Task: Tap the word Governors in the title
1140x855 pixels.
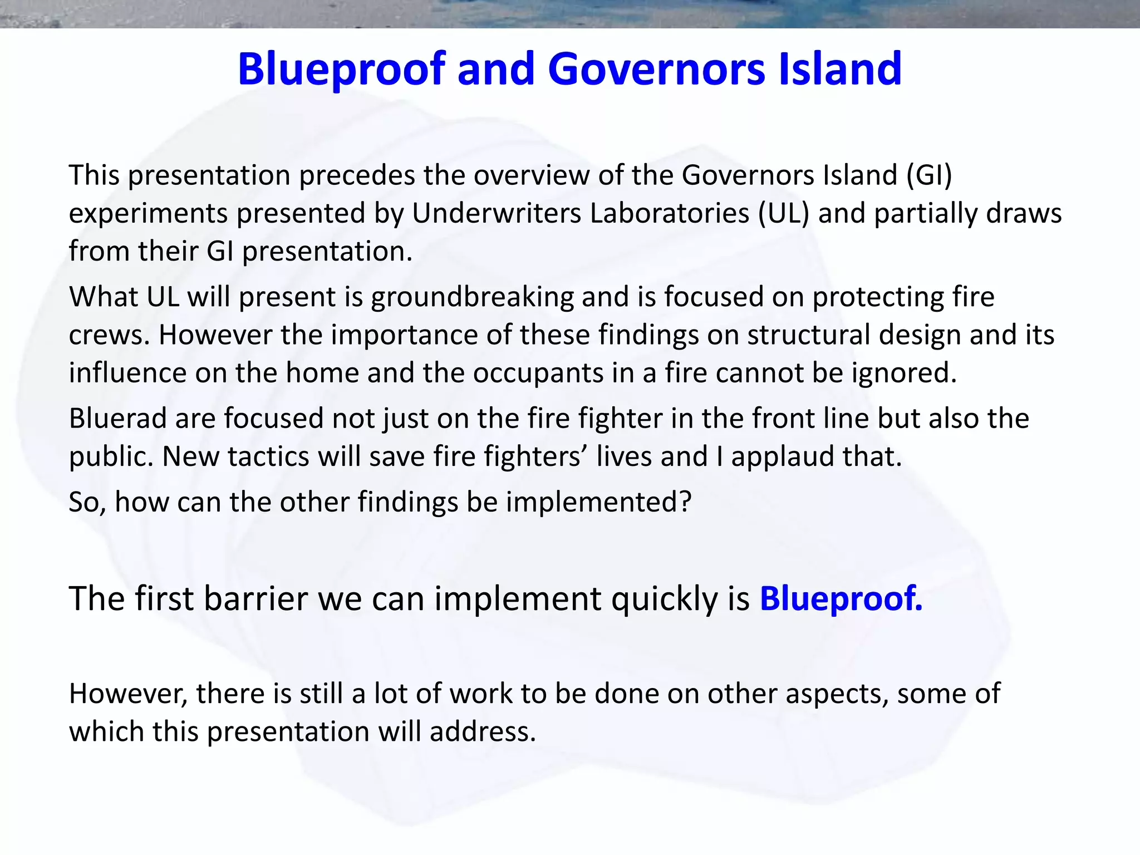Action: point(656,69)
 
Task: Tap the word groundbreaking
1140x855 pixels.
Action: point(472,297)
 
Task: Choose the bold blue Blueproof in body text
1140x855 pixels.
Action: point(841,599)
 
